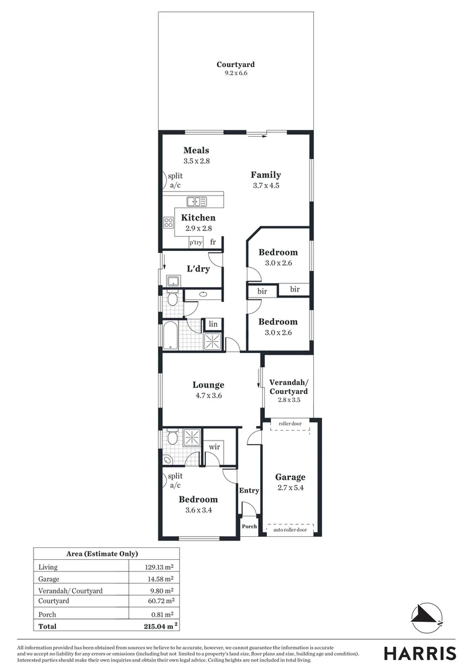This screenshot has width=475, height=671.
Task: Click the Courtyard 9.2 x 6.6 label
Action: (235, 68)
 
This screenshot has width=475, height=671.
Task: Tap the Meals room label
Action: (196, 150)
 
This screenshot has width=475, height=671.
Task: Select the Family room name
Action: (265, 175)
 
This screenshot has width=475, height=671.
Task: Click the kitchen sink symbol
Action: (197, 201)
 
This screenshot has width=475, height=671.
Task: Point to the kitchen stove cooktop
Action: (168, 222)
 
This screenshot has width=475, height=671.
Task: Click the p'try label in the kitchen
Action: (196, 242)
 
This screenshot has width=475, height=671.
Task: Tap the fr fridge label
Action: (213, 242)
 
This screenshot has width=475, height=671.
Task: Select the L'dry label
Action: (198, 269)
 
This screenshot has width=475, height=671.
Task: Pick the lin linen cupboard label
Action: (213, 324)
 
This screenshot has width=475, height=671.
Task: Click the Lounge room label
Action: (208, 385)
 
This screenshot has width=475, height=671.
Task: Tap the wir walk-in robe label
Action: (213, 447)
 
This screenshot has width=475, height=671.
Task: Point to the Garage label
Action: (290, 477)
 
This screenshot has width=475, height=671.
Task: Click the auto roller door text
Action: (290, 530)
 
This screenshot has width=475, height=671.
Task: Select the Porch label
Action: (249, 526)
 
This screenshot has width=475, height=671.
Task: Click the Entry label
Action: (249, 491)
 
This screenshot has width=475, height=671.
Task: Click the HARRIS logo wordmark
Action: (420, 654)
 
